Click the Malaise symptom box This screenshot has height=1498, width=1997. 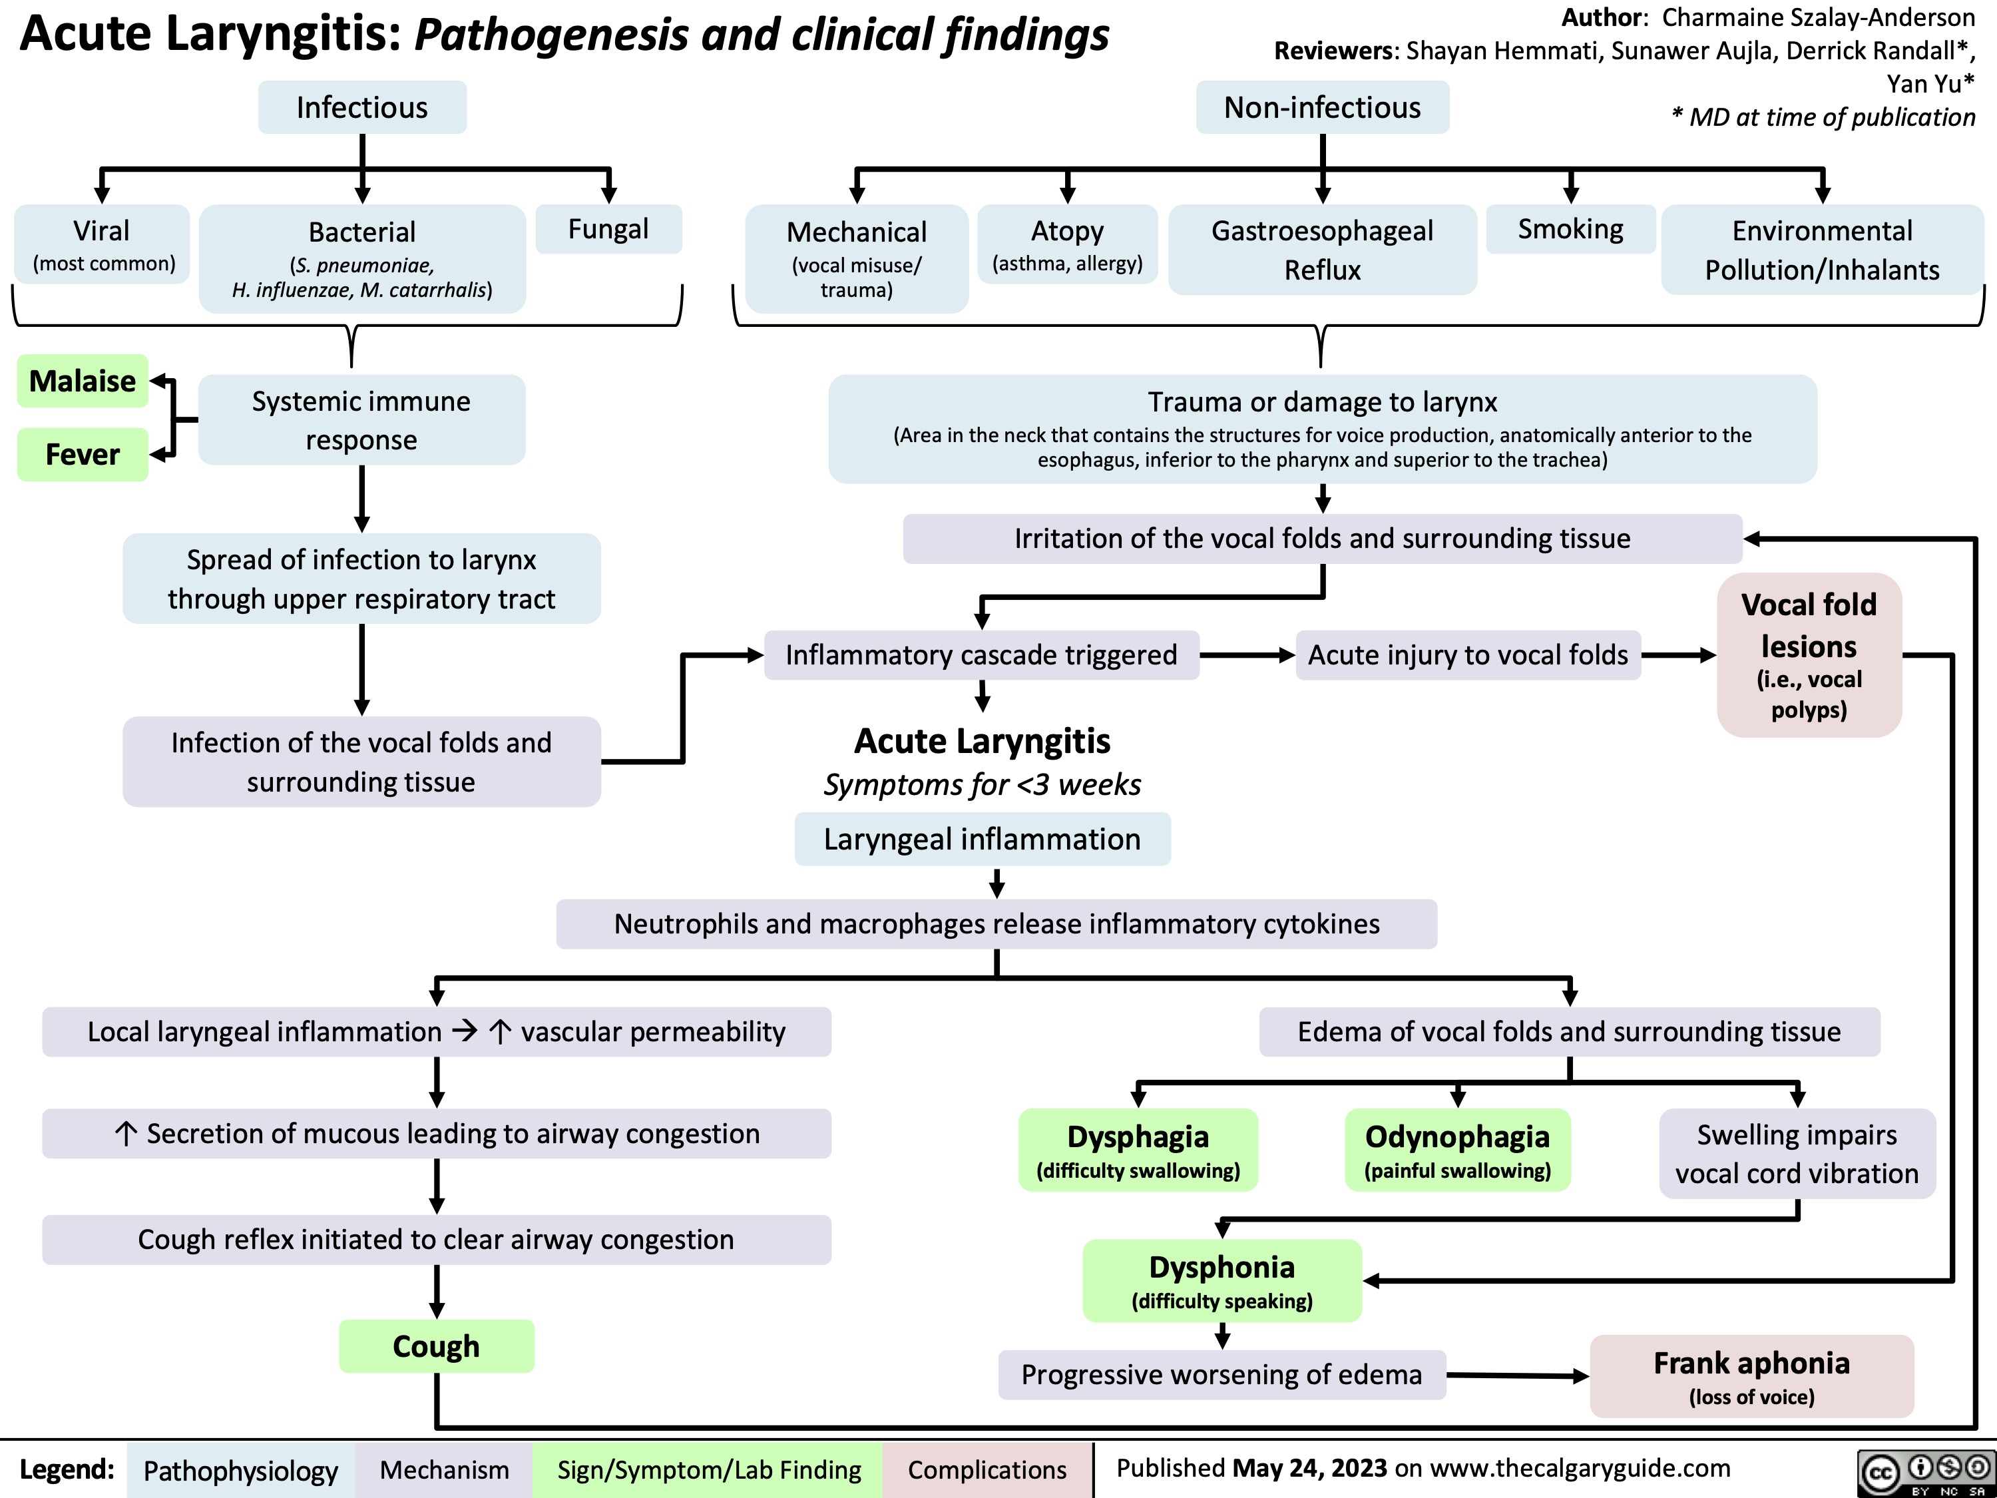tap(82, 381)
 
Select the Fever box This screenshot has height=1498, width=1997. tap(82, 454)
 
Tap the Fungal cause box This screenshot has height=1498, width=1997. tap(608, 229)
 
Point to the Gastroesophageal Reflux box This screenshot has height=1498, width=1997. tap(1322, 250)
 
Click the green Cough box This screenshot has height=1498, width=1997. tap(436, 1346)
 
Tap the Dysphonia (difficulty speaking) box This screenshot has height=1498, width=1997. tap(1221, 1280)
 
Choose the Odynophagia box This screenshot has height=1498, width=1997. tap(1457, 1149)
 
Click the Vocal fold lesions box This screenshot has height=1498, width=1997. tap(1809, 654)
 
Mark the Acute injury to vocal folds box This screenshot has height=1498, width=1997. tap(1468, 654)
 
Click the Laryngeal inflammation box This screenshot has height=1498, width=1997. tap(983, 839)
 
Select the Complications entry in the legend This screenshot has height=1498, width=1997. tap(987, 1470)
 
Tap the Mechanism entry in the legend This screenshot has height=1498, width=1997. tap(443, 1470)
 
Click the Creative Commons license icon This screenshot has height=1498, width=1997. tap(1926, 1472)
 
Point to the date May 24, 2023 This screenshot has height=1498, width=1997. tap(1309, 1468)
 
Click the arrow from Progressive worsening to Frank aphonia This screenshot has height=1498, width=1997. tap(1516, 1375)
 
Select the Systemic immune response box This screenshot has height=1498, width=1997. tap(361, 420)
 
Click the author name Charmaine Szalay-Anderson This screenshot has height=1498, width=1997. tap(1818, 17)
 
